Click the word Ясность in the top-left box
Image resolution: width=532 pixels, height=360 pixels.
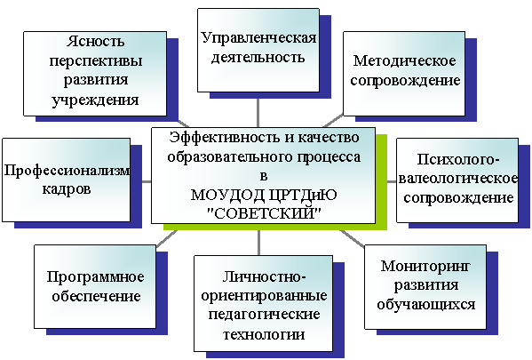[x=95, y=42]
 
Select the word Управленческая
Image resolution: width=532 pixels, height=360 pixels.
[x=258, y=38]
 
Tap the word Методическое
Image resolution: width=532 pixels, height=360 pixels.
[x=405, y=61]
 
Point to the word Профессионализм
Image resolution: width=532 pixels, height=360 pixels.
[x=67, y=171]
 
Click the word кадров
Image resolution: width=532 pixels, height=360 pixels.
[x=67, y=189]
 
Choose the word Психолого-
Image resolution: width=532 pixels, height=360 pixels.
[x=458, y=159]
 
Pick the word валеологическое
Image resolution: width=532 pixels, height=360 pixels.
[x=458, y=179]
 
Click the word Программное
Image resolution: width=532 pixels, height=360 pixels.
[x=95, y=277]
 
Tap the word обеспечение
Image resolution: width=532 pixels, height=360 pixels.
[x=96, y=296]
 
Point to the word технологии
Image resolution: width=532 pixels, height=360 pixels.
[x=264, y=335]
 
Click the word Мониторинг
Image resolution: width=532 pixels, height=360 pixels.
[x=425, y=267]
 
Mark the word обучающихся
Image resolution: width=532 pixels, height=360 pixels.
[x=425, y=305]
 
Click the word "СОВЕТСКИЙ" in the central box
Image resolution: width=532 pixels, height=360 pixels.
[x=264, y=213]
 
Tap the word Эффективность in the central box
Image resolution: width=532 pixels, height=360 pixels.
[x=225, y=138]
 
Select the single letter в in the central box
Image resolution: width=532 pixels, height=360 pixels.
[x=264, y=177]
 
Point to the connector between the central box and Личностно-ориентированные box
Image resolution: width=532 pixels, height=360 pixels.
[x=258, y=243]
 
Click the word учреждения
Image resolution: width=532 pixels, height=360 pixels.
[x=95, y=100]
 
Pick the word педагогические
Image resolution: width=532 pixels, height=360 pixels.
[x=264, y=315]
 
